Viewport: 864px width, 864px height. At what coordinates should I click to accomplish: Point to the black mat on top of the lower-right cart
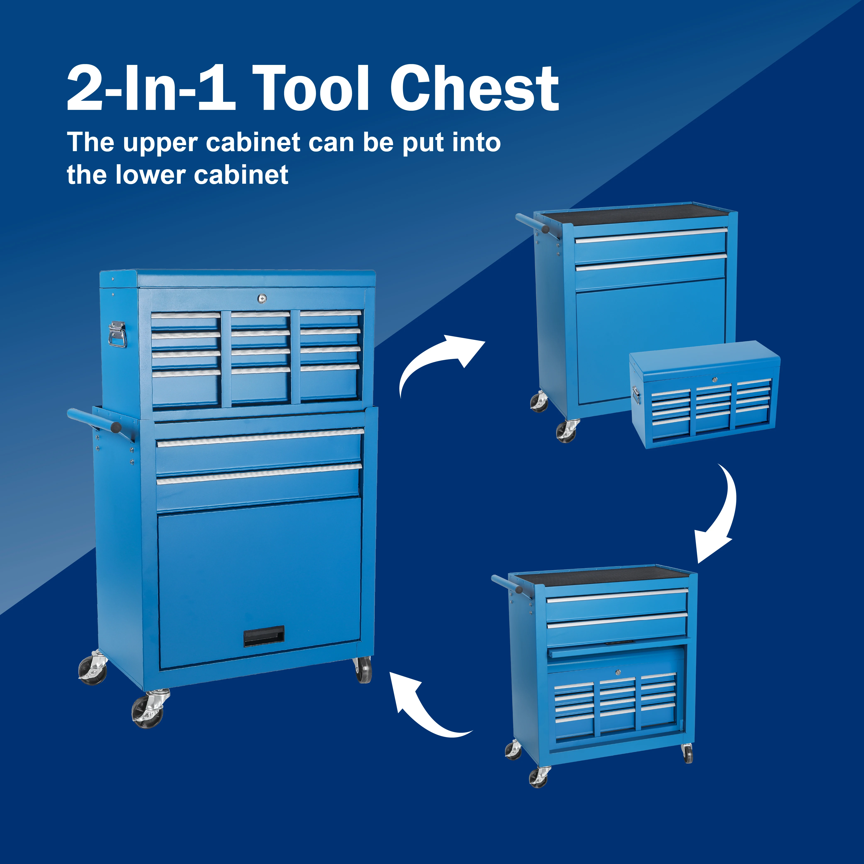[x=604, y=576]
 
